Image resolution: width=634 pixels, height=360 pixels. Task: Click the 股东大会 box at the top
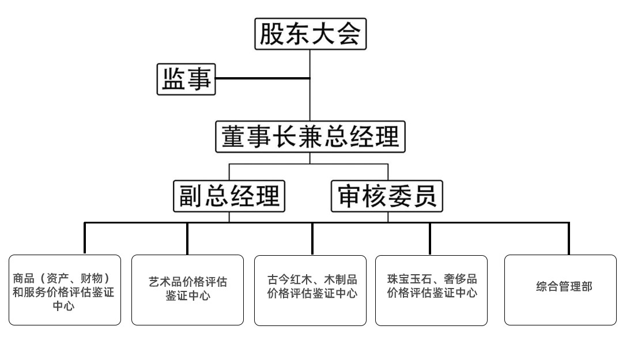(x=311, y=35)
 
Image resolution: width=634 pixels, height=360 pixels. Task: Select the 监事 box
(x=186, y=79)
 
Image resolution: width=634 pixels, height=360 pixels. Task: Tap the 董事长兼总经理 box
(x=311, y=137)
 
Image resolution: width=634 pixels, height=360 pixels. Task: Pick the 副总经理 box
(x=229, y=196)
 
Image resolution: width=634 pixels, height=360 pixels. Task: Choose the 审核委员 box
(x=387, y=196)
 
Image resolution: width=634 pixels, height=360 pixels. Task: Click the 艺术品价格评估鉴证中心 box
(x=187, y=290)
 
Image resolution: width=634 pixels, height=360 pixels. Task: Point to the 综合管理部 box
(x=560, y=290)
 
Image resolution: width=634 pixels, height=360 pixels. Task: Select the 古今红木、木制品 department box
(x=310, y=290)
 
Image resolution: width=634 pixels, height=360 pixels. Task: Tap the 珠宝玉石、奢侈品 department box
(x=431, y=290)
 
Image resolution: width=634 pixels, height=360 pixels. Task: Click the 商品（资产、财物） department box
(x=65, y=290)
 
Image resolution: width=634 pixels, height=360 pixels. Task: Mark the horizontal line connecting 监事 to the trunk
(x=262, y=78)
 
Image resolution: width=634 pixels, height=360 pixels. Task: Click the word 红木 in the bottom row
(x=300, y=281)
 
